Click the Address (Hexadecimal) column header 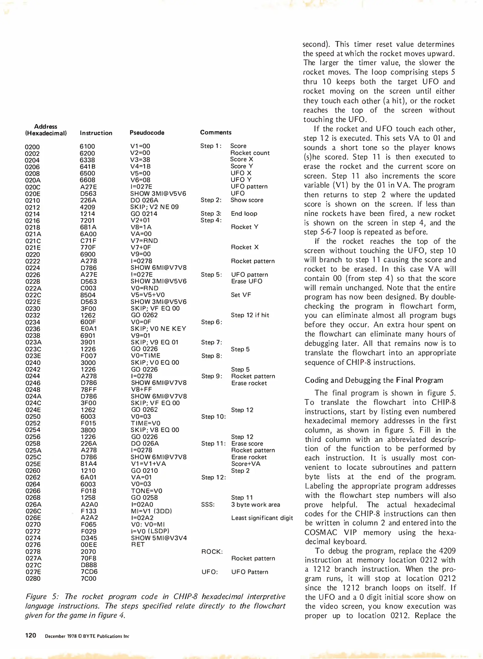[45, 130]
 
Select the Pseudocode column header [147, 133]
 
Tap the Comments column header [216, 132]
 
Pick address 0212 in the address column [32, 207]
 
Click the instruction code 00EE [89, 545]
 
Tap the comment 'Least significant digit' [262, 518]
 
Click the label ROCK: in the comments [212, 552]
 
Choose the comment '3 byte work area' [255, 505]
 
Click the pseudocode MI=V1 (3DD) [151, 511]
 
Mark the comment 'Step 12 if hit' [250, 315]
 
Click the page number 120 [31, 636]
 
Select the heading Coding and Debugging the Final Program [374, 380]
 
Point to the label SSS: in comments [208, 505]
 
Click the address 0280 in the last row [33, 578]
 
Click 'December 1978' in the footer [60, 636]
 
